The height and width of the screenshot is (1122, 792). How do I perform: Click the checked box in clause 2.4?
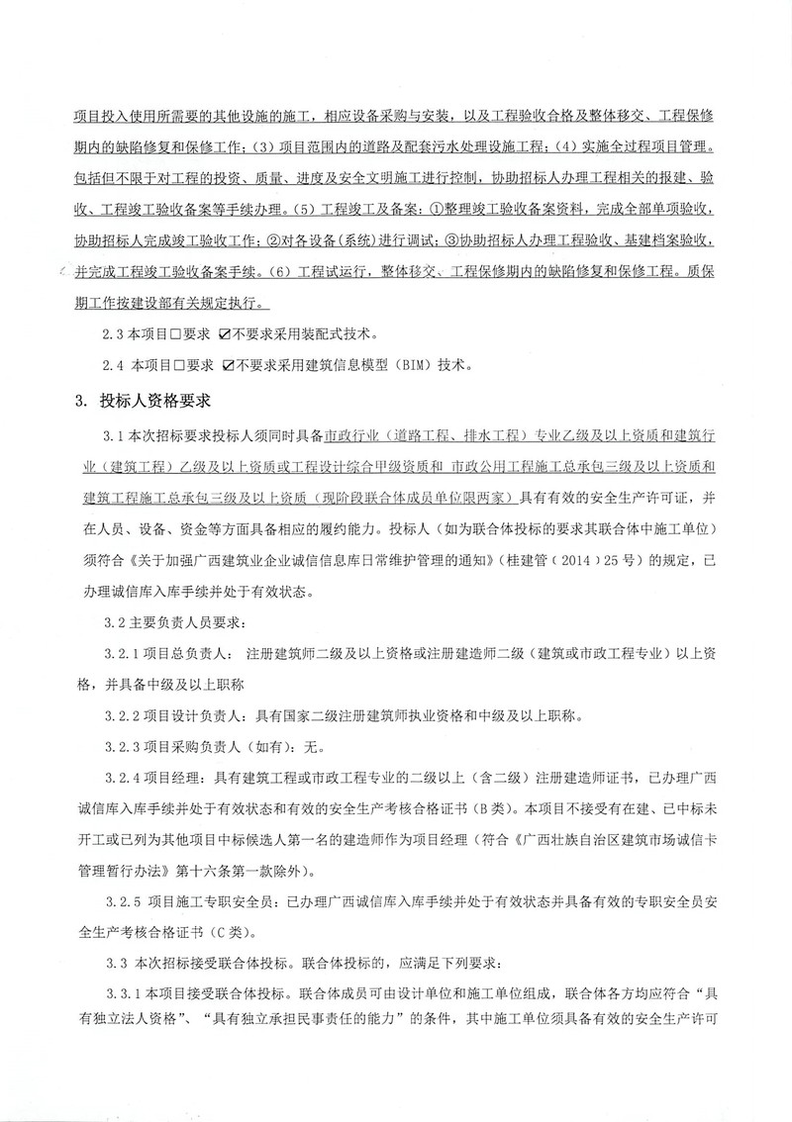point(232,365)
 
